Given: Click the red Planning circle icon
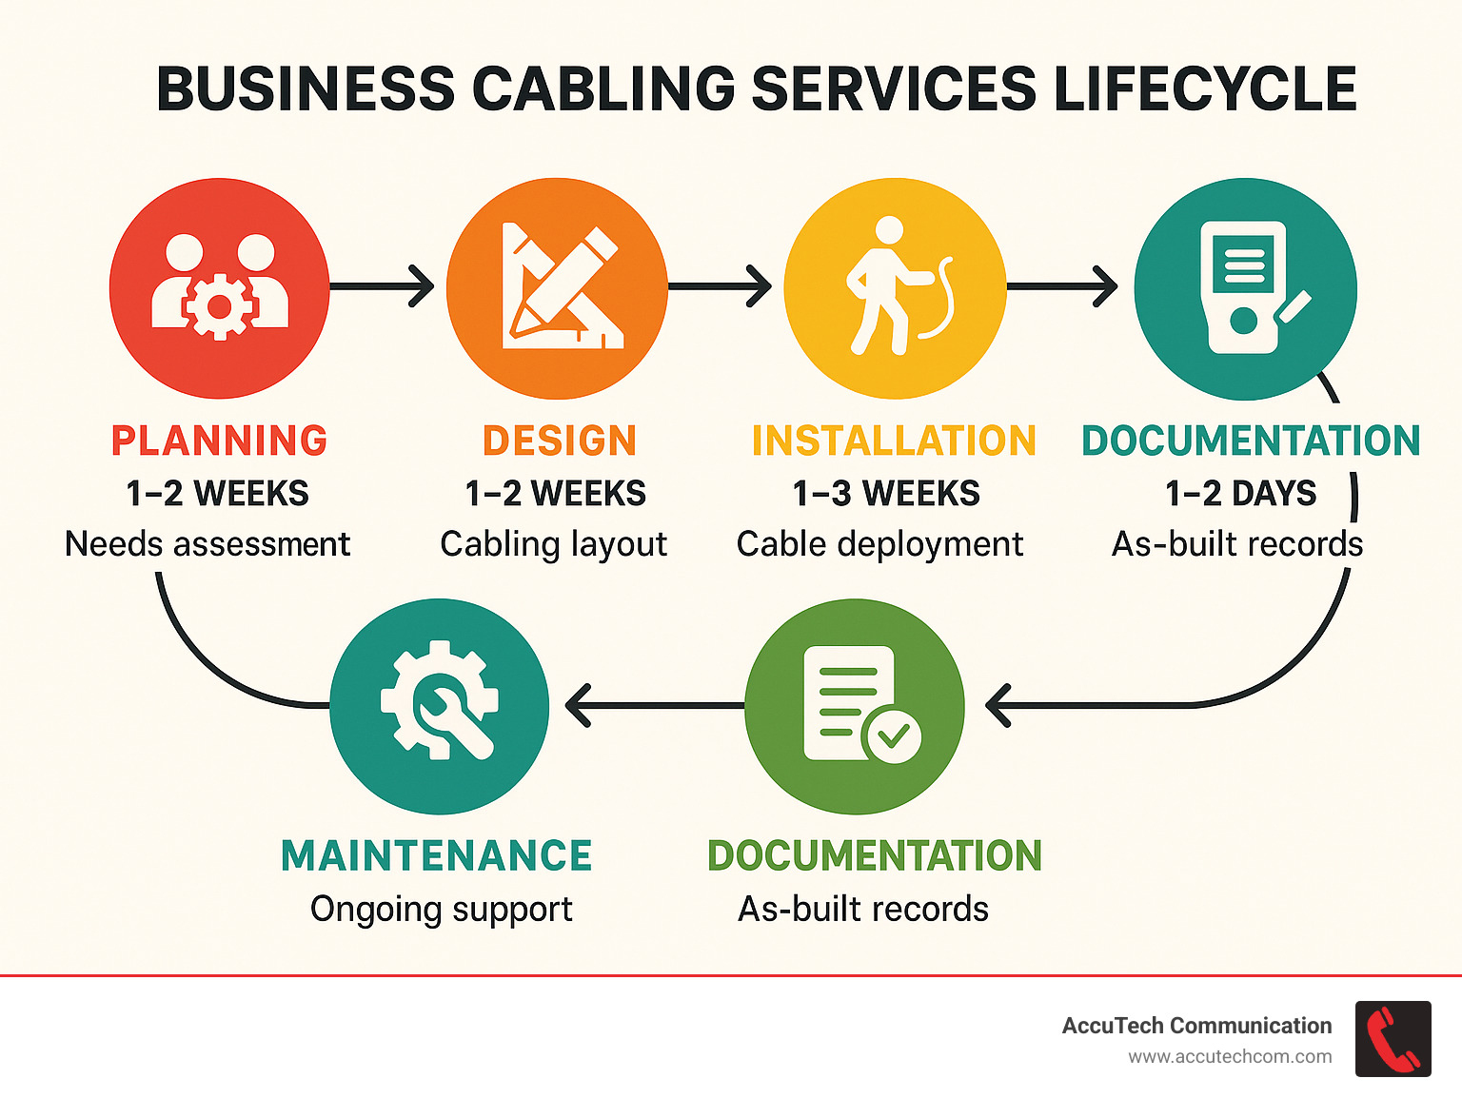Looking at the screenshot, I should click(220, 288).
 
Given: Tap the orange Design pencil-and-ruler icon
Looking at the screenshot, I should click(558, 288).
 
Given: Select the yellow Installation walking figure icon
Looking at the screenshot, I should click(895, 288).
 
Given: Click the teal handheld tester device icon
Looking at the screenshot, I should click(1245, 288).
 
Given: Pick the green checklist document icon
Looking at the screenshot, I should click(855, 706).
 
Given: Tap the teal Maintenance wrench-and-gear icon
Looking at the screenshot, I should click(439, 706).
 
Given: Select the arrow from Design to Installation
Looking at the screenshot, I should click(721, 286).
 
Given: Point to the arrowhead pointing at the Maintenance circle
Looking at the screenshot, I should click(578, 706).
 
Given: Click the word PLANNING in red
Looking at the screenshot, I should click(220, 441).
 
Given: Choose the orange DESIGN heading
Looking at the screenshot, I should click(559, 441).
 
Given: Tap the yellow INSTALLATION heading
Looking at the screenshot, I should click(894, 441).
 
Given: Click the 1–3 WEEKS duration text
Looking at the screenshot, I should click(886, 494).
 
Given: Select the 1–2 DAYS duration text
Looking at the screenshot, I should click(1241, 494).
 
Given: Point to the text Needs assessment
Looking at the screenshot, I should click(207, 544).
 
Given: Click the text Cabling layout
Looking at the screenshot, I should click(553, 544).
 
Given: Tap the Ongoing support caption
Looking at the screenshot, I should click(441, 910).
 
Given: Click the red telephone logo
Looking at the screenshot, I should click(1393, 1039).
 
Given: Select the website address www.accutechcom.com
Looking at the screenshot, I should click(1230, 1057).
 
